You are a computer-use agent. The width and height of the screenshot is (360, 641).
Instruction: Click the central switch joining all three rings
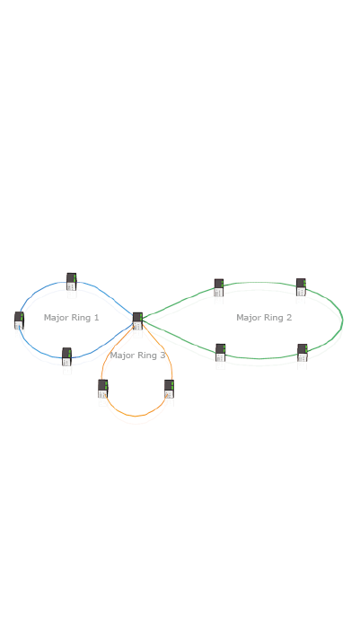tap(137, 320)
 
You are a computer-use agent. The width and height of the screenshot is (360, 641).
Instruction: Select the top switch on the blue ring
tap(72, 281)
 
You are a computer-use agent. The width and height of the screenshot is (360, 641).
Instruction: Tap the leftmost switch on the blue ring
tap(19, 320)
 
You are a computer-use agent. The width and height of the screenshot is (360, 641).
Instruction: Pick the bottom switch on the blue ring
tap(66, 356)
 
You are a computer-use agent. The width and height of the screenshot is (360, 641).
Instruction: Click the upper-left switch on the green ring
tap(219, 287)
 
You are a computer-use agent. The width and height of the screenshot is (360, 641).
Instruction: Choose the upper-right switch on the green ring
tap(301, 287)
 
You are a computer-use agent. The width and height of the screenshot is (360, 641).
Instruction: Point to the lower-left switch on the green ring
tap(220, 353)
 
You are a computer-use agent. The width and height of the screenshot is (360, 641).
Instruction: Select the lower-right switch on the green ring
tap(303, 353)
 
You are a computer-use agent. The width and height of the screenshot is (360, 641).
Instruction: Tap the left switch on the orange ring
tap(103, 389)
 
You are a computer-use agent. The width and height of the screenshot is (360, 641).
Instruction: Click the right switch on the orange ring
tap(169, 389)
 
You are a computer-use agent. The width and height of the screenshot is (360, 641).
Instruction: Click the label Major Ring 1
tap(72, 318)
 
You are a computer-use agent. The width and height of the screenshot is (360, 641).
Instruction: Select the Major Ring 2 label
tap(264, 318)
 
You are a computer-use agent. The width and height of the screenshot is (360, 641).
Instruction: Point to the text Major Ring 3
tap(137, 356)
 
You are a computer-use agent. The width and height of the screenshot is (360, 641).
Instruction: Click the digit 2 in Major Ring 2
tap(289, 317)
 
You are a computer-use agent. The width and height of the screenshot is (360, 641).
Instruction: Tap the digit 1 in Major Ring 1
tap(97, 317)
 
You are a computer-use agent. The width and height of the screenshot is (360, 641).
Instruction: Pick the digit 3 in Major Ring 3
tap(163, 355)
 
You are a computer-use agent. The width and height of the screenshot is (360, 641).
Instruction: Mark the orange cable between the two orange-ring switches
tap(136, 416)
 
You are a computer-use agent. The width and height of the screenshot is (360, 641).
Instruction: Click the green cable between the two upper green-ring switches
tap(259, 283)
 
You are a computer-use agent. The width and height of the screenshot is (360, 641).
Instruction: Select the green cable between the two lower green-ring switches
tap(259, 358)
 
